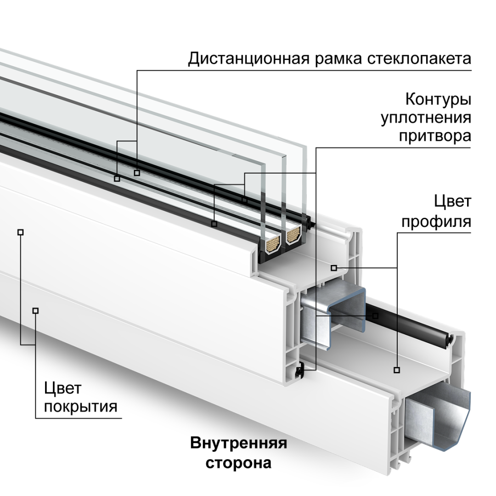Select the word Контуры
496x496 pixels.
pyautogui.click(x=438, y=99)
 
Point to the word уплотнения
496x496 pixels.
pyautogui.click(x=426, y=118)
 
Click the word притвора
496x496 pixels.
pyautogui.click(x=434, y=136)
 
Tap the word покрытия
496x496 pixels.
pyautogui.click(x=80, y=407)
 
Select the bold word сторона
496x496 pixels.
pyautogui.click(x=238, y=462)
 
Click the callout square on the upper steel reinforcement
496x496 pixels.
pyautogui.click(x=375, y=316)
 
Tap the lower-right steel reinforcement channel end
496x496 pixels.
pyautogui.click(x=439, y=416)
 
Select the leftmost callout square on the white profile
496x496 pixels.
pyautogui.click(x=20, y=232)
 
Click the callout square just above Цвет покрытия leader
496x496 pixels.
pyautogui.click(x=36, y=311)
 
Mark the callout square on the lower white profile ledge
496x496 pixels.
pyautogui.click(x=397, y=370)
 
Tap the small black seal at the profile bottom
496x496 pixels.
pyautogui.click(x=300, y=370)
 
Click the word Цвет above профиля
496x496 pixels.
pyautogui.click(x=452, y=202)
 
